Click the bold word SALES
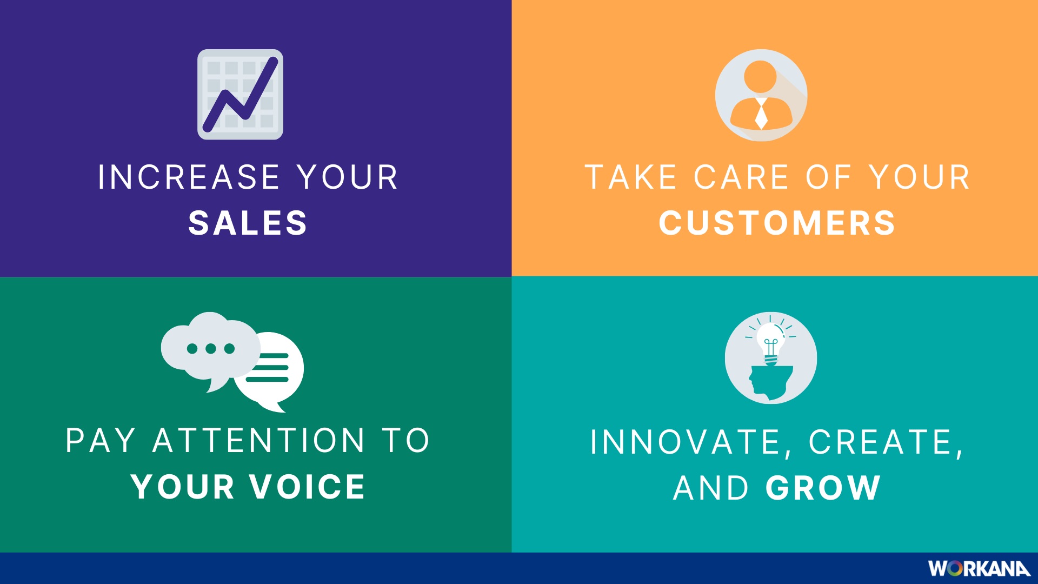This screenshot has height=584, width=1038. coord(248,223)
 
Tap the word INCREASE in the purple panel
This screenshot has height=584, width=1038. coord(189,177)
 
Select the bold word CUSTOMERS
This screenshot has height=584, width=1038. coord(777,223)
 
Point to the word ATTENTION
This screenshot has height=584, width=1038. coord(259,440)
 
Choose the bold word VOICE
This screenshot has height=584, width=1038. coord(308,486)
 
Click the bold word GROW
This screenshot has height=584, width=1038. coord(823,488)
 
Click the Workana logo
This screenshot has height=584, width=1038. coord(979,568)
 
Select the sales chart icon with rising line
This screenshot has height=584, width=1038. coord(240,95)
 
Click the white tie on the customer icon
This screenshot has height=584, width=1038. coord(761,114)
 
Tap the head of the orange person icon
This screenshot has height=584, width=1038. coord(760,77)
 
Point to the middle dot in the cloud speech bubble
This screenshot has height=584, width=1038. coord(211,348)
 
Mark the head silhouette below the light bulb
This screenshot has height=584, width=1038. coord(770,383)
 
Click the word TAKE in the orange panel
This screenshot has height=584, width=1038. coord(631,177)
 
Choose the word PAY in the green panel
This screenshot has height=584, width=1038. coord(101,440)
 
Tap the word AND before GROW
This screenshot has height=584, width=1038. coord(711,488)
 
